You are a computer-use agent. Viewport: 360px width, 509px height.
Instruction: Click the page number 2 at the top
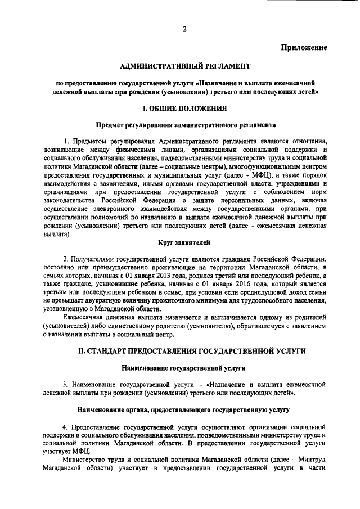184,29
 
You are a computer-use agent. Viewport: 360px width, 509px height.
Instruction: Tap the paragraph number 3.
65,384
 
